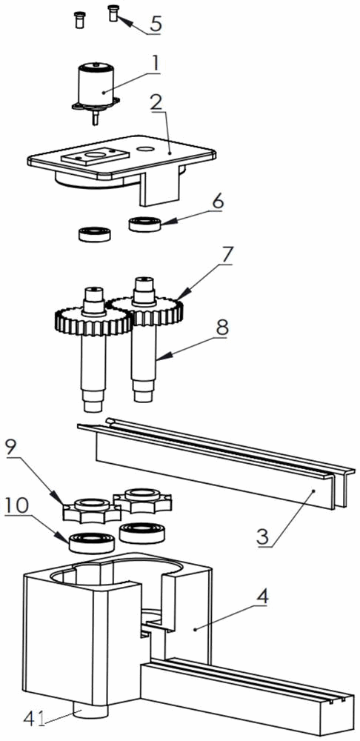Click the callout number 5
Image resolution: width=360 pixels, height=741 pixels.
155,24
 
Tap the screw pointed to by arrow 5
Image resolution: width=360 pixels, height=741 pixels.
113,13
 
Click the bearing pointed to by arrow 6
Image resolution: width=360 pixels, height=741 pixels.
145,223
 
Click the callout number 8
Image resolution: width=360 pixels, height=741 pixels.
221,327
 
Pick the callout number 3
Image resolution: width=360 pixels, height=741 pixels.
263,536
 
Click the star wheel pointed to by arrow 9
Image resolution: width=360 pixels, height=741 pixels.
91,509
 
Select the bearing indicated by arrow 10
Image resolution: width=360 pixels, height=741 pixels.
93,542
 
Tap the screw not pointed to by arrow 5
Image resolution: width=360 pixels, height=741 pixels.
79,20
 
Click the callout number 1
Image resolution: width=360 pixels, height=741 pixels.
156,64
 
